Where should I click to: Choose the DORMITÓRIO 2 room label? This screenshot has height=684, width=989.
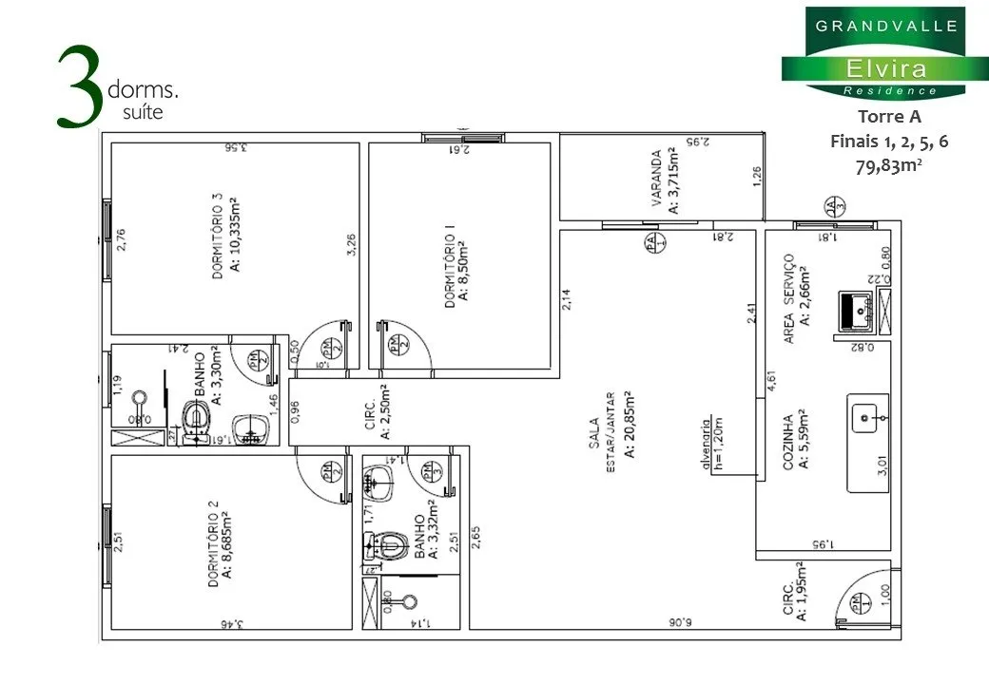click(x=214, y=541)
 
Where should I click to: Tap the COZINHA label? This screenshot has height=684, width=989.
click(x=788, y=441)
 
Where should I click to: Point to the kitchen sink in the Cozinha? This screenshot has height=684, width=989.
click(x=866, y=416)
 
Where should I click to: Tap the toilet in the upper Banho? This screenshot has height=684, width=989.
click(x=197, y=418)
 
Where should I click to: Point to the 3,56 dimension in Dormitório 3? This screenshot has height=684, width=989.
click(x=229, y=147)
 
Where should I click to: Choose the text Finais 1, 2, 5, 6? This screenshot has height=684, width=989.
click(x=889, y=141)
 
